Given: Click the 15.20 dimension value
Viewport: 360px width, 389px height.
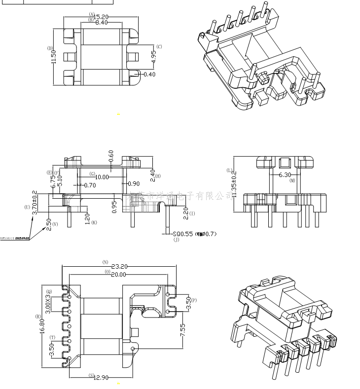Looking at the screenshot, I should click(101, 17).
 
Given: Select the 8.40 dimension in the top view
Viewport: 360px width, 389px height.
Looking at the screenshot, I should click(102, 23).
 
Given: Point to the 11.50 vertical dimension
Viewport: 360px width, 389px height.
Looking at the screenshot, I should click(54, 56).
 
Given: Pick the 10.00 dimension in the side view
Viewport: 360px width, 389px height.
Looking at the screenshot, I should click(102, 177).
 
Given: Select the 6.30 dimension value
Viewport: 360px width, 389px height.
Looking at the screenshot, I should click(285, 175).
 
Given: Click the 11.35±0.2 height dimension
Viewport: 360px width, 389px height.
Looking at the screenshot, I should click(234, 184).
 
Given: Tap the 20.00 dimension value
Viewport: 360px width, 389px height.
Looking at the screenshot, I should click(119, 275).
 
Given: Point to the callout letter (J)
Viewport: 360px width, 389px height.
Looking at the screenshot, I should click(176, 240).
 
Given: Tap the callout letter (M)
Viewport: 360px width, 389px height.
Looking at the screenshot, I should click(292, 181).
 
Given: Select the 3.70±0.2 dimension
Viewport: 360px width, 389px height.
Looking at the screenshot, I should click(35, 202).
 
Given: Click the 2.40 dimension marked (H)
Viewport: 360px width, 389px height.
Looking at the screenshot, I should click(152, 174).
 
